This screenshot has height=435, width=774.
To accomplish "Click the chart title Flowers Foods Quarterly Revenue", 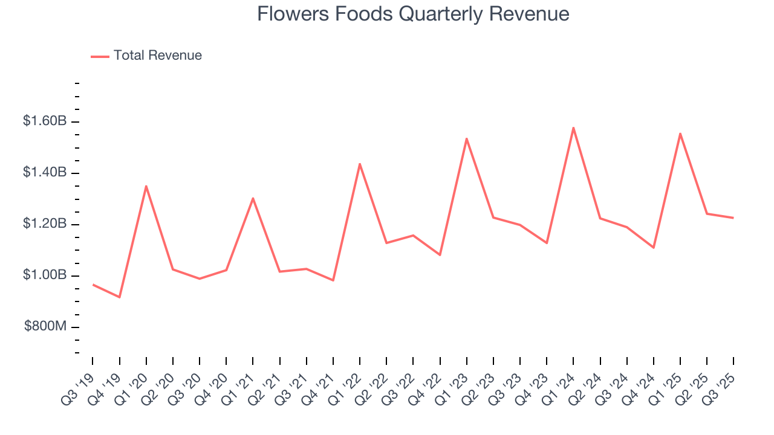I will tap(413, 14).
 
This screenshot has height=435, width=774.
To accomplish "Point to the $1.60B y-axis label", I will tap(45, 121).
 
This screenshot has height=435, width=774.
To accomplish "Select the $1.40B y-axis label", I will tap(45, 173).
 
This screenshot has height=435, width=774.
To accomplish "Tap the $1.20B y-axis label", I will tap(45, 224).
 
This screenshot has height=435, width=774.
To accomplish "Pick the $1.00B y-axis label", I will tap(45, 275).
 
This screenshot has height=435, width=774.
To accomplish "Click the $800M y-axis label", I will tap(45, 327).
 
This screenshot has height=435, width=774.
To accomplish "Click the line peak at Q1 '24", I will tap(573, 127).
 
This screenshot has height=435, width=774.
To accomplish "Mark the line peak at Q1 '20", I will tap(146, 186).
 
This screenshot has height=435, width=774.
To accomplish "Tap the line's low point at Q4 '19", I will tap(120, 297).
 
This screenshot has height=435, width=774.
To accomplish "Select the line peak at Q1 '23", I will tap(467, 138).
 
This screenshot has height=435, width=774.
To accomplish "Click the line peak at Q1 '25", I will tap(680, 134).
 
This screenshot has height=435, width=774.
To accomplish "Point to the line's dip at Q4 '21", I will tap(333, 280).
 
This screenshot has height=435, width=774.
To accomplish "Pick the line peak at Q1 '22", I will tap(360, 164).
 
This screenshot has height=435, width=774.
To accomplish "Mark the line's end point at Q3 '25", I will tap(733, 217).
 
